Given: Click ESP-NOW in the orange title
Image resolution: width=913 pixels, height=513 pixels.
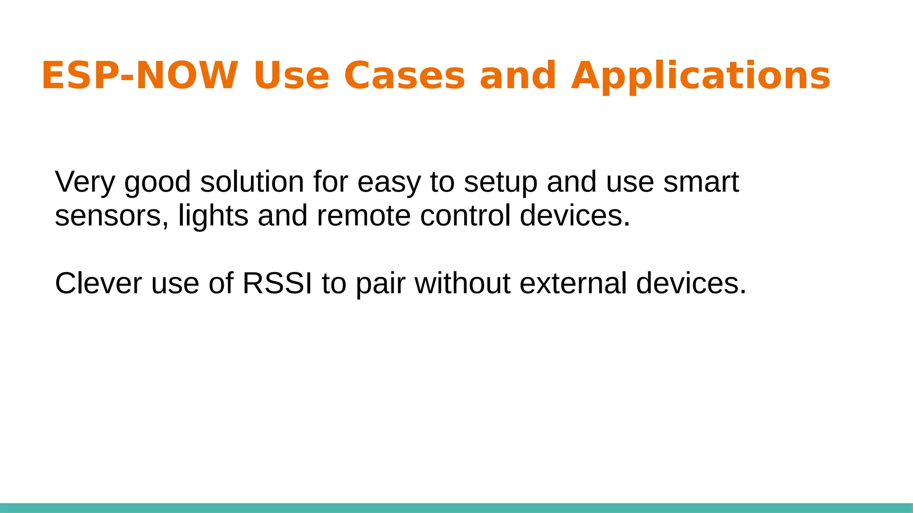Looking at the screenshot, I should click(140, 75).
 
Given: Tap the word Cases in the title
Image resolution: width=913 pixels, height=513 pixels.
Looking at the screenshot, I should click(404, 75).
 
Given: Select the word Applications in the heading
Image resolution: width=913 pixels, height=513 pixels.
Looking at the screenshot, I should click(701, 75).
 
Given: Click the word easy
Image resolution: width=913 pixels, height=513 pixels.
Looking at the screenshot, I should click(389, 183).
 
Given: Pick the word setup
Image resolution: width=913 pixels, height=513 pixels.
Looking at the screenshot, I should click(500, 183).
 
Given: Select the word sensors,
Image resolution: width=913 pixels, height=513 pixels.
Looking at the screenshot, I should click(112, 216).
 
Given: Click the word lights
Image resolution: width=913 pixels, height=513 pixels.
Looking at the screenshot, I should click(213, 216).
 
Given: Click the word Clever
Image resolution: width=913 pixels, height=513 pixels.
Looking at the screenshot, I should click(98, 283).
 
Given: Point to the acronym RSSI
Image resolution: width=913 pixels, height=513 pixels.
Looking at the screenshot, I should click(277, 283).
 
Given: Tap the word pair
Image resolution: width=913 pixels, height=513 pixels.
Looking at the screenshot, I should click(380, 284).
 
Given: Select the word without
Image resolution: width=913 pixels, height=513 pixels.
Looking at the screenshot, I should click(462, 283).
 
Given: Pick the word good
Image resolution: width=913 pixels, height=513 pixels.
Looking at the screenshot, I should click(157, 183).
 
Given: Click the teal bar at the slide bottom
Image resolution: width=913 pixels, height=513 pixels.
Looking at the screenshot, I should click(456, 508).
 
